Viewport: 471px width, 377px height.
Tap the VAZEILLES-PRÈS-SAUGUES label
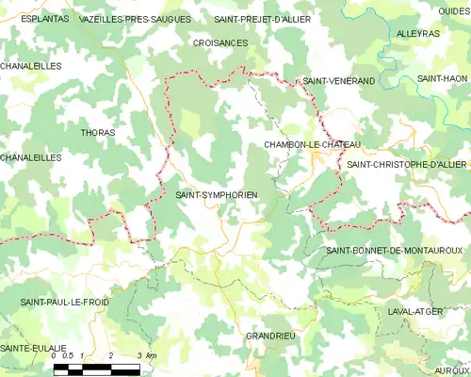[136, 19]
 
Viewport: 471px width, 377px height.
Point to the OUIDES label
[453, 10]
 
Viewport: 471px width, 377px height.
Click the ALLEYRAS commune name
[418, 33]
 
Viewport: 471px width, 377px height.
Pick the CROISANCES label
[219, 43]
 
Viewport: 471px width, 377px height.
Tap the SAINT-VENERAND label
[338, 82]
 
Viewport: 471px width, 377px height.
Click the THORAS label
[98, 133]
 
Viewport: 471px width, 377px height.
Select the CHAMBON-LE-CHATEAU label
[313, 144]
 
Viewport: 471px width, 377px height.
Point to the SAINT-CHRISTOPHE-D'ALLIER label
[407, 165]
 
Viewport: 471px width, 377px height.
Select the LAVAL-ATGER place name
[415, 310]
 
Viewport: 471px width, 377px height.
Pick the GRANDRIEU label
[270, 336]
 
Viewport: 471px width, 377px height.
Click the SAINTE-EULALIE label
[33, 349]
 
